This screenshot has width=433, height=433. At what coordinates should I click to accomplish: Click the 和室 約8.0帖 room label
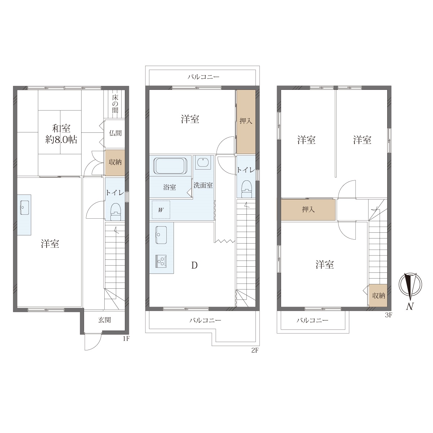(x=61, y=134)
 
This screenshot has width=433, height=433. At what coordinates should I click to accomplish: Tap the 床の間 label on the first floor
(x=115, y=104)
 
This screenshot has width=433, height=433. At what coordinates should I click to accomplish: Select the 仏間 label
(x=115, y=133)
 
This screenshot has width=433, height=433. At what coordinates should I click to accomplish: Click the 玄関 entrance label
(x=105, y=320)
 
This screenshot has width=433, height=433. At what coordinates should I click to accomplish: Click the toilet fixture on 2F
(x=246, y=189)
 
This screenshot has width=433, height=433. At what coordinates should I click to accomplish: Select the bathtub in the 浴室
(x=170, y=166)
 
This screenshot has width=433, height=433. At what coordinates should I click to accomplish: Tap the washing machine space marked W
(x=161, y=210)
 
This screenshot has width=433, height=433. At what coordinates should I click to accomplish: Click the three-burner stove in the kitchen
(x=161, y=261)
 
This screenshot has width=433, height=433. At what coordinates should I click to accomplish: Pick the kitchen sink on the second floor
(x=161, y=235)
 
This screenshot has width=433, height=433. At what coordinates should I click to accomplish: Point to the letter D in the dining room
(x=194, y=266)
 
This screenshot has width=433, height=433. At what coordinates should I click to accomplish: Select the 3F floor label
(x=389, y=315)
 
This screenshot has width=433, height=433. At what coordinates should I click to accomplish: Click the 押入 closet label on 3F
(x=308, y=210)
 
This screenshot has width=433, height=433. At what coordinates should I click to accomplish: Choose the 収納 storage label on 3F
(x=379, y=296)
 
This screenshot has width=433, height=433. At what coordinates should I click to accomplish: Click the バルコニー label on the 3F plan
(x=312, y=320)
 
